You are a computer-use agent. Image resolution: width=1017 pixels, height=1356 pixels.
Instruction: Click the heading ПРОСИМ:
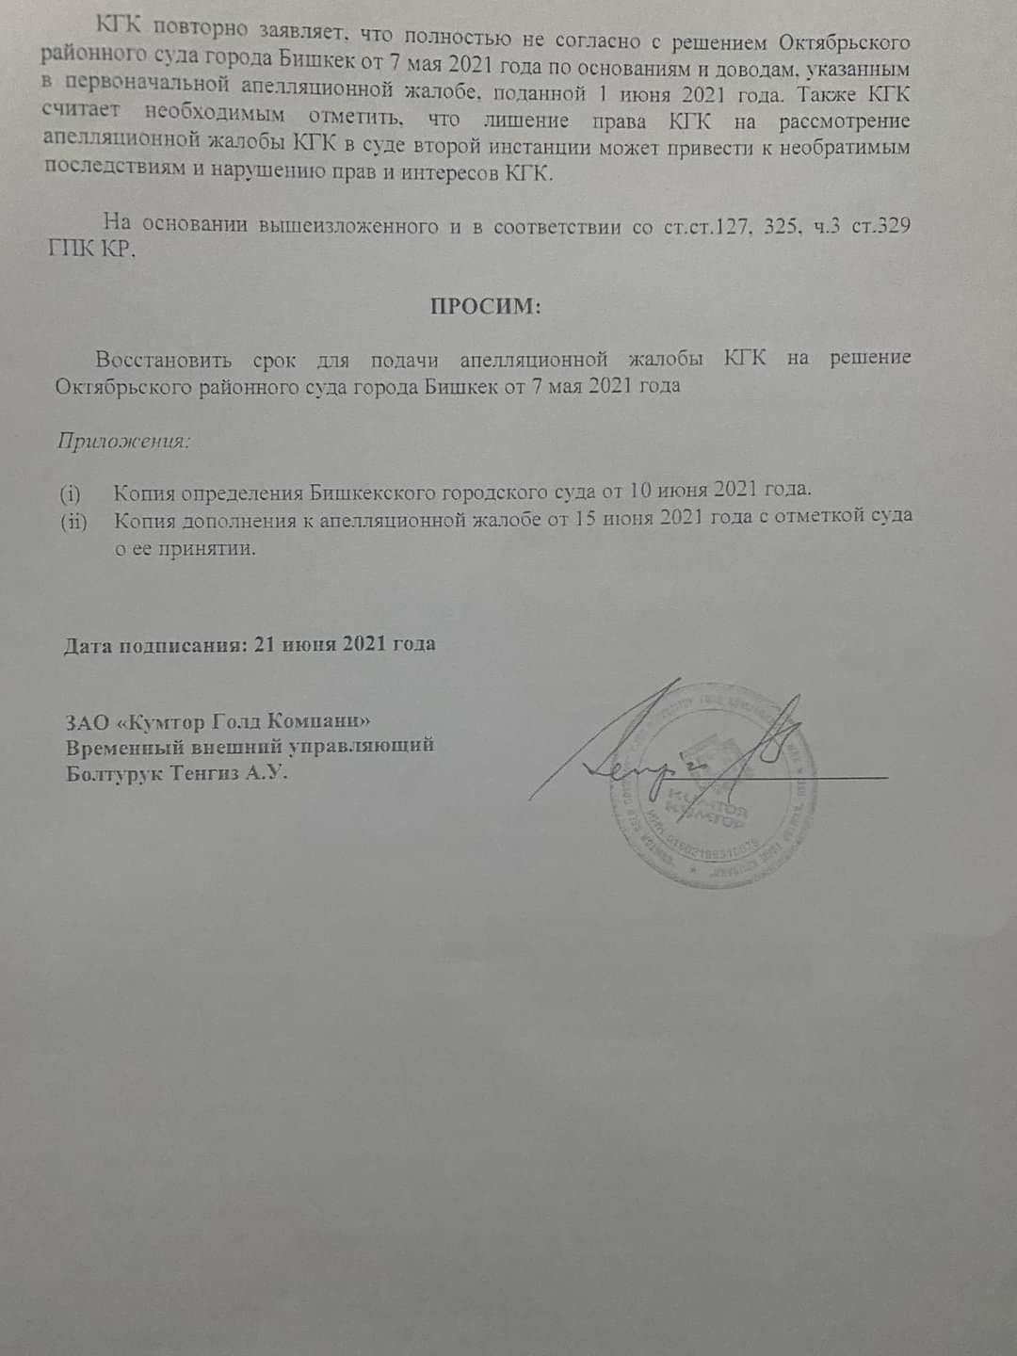(485, 306)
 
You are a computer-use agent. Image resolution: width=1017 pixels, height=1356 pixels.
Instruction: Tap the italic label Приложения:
(123, 440)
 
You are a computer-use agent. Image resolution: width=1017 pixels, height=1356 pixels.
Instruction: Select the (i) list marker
(71, 492)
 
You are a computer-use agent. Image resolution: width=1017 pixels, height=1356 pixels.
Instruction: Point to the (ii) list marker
(73, 520)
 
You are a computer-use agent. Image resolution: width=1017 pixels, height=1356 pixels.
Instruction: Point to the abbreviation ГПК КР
(93, 251)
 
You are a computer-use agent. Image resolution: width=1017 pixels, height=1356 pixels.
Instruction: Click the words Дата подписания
(152, 645)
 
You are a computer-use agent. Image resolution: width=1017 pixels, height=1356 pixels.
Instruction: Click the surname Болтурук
(111, 774)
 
